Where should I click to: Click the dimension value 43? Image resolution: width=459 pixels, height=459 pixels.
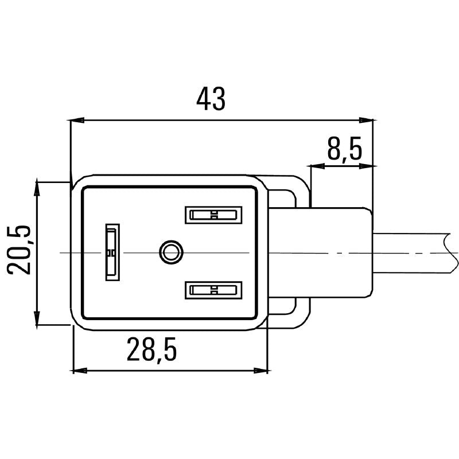tap(211, 99)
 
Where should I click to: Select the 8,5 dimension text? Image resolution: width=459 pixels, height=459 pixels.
tap(345, 150)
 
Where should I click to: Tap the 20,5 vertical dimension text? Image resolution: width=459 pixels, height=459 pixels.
tap(20, 250)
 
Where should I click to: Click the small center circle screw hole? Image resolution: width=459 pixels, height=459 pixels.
tap(170, 252)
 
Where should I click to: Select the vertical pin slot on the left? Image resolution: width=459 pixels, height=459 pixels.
tap(111, 252)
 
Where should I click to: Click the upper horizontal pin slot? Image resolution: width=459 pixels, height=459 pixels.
tap(212, 215)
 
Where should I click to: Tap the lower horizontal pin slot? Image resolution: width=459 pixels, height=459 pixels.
tap(212, 290)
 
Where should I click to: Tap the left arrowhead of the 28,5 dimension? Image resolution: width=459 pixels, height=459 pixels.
tap(80, 370)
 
